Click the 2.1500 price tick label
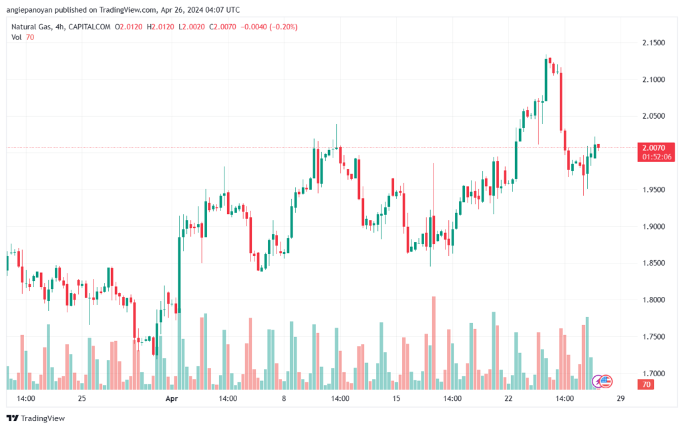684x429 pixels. click(x=653, y=43)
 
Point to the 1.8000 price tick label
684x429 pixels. click(x=653, y=300)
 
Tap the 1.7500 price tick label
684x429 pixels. click(x=653, y=337)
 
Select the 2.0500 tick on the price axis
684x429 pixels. click(x=653, y=116)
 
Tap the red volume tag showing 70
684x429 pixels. click(x=646, y=384)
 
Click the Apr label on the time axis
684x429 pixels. click(x=172, y=398)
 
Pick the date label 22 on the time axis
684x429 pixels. click(x=508, y=398)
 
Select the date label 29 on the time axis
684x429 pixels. click(x=621, y=398)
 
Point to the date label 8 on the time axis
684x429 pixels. click(x=284, y=398)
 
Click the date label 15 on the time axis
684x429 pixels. click(x=396, y=398)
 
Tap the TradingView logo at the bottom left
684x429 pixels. click(x=36, y=418)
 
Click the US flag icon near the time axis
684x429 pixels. click(x=605, y=382)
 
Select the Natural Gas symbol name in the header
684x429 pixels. click(x=31, y=27)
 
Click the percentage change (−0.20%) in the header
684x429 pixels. click(x=283, y=27)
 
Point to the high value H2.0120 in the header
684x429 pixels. click(x=160, y=27)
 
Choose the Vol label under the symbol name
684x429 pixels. click(x=16, y=37)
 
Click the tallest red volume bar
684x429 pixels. click(x=434, y=343)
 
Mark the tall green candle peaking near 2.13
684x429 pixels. click(x=546, y=79)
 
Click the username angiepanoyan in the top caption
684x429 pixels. click(x=29, y=9)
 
